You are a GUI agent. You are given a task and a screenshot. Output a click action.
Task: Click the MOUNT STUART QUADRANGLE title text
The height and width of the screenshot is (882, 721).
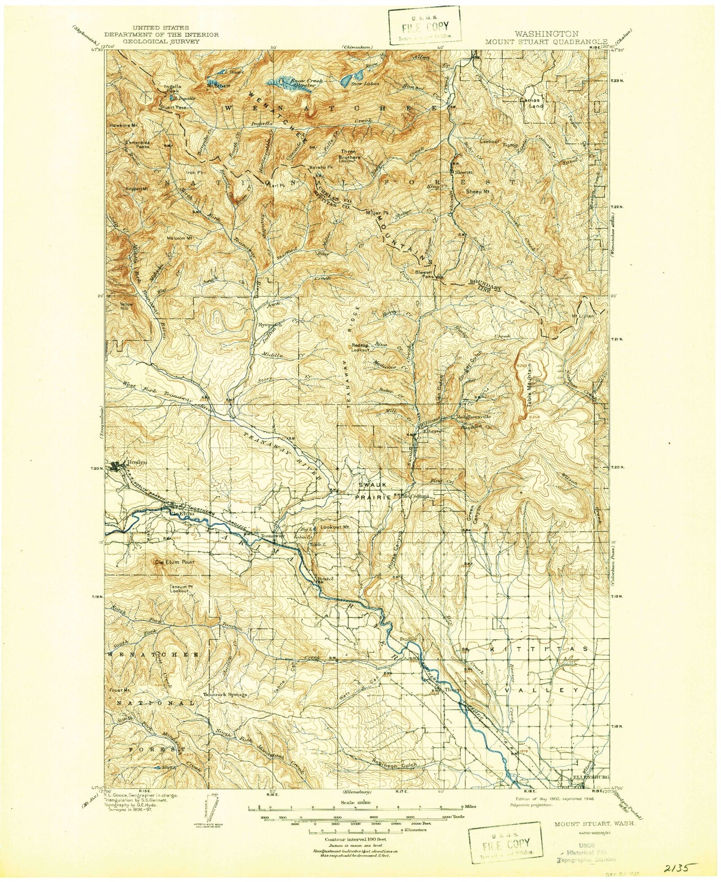click(546, 41)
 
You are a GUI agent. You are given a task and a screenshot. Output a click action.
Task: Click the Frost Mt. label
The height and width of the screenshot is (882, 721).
click(117, 690)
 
